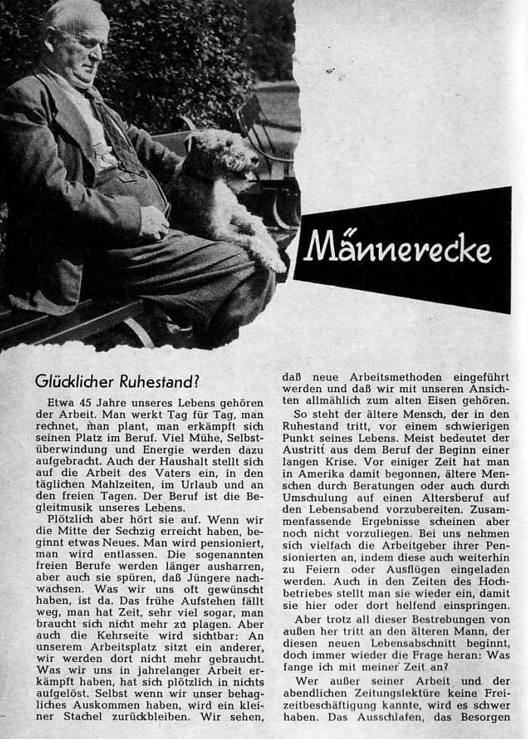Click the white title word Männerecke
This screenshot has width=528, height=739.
[397, 249]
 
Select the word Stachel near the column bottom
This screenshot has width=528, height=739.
[88, 715]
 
